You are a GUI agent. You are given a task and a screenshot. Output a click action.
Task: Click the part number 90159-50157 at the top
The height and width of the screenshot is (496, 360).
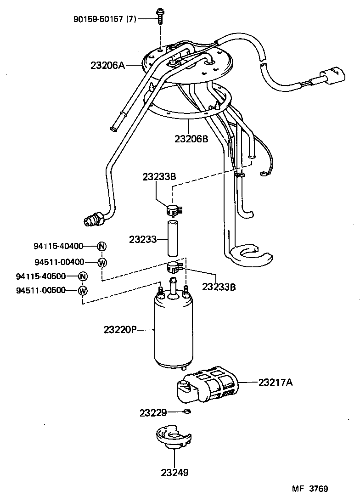[104, 19]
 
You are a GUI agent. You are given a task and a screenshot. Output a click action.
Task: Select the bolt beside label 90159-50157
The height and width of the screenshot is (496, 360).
[160, 17]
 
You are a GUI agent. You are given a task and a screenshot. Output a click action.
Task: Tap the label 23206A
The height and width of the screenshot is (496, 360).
[108, 66]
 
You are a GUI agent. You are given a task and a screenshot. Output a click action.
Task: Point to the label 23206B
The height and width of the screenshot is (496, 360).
[191, 138]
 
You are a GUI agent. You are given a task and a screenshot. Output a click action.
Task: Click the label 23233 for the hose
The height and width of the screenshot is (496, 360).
[142, 239]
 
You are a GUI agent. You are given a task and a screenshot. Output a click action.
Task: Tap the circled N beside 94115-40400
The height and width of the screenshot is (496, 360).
[102, 246]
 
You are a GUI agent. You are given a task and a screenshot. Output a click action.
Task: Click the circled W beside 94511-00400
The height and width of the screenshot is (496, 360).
[102, 262]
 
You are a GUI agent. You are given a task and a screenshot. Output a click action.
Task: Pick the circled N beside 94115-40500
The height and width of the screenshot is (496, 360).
[83, 276]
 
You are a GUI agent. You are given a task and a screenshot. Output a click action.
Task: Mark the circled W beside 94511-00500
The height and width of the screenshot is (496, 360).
[83, 290]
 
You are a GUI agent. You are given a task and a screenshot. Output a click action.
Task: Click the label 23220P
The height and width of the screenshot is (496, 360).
[120, 330]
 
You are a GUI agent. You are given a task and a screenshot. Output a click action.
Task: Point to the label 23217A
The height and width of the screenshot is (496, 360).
[275, 382]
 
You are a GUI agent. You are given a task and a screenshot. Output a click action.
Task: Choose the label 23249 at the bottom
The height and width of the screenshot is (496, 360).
[174, 472]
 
